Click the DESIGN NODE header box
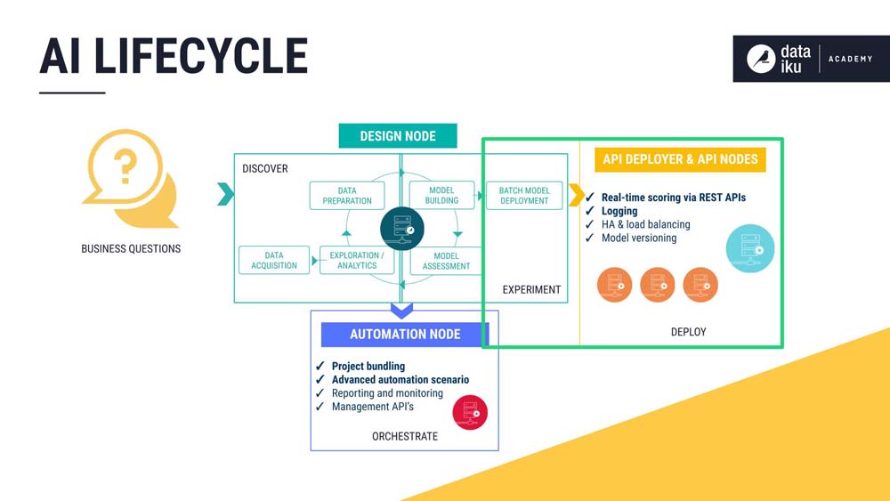pyautogui.click(x=398, y=135)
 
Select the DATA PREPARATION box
pyautogui.click(x=347, y=196)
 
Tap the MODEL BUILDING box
pyautogui.click(x=441, y=195)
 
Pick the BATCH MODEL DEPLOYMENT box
pyautogui.click(x=524, y=196)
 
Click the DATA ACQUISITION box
pyautogui.click(x=274, y=261)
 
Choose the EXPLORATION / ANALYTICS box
pyautogui.click(x=357, y=261)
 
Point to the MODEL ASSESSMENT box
pyautogui.click(x=446, y=261)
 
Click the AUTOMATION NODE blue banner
pyautogui.click(x=405, y=335)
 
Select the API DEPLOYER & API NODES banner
pyautogui.click(x=680, y=159)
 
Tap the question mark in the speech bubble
pyautogui.click(x=125, y=166)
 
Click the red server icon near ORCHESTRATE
pyautogui.click(x=470, y=413)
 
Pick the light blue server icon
pyautogui.click(x=750, y=248)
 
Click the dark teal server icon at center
pyautogui.click(x=402, y=229)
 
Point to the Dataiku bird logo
pyautogui.click(x=761, y=59)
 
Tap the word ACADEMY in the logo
pyautogui.click(x=850, y=59)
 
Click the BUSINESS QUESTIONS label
pyautogui.click(x=131, y=248)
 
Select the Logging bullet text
pyautogui.click(x=619, y=211)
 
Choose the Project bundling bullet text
pyautogui.click(x=368, y=366)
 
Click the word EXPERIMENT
pyautogui.click(x=531, y=289)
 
